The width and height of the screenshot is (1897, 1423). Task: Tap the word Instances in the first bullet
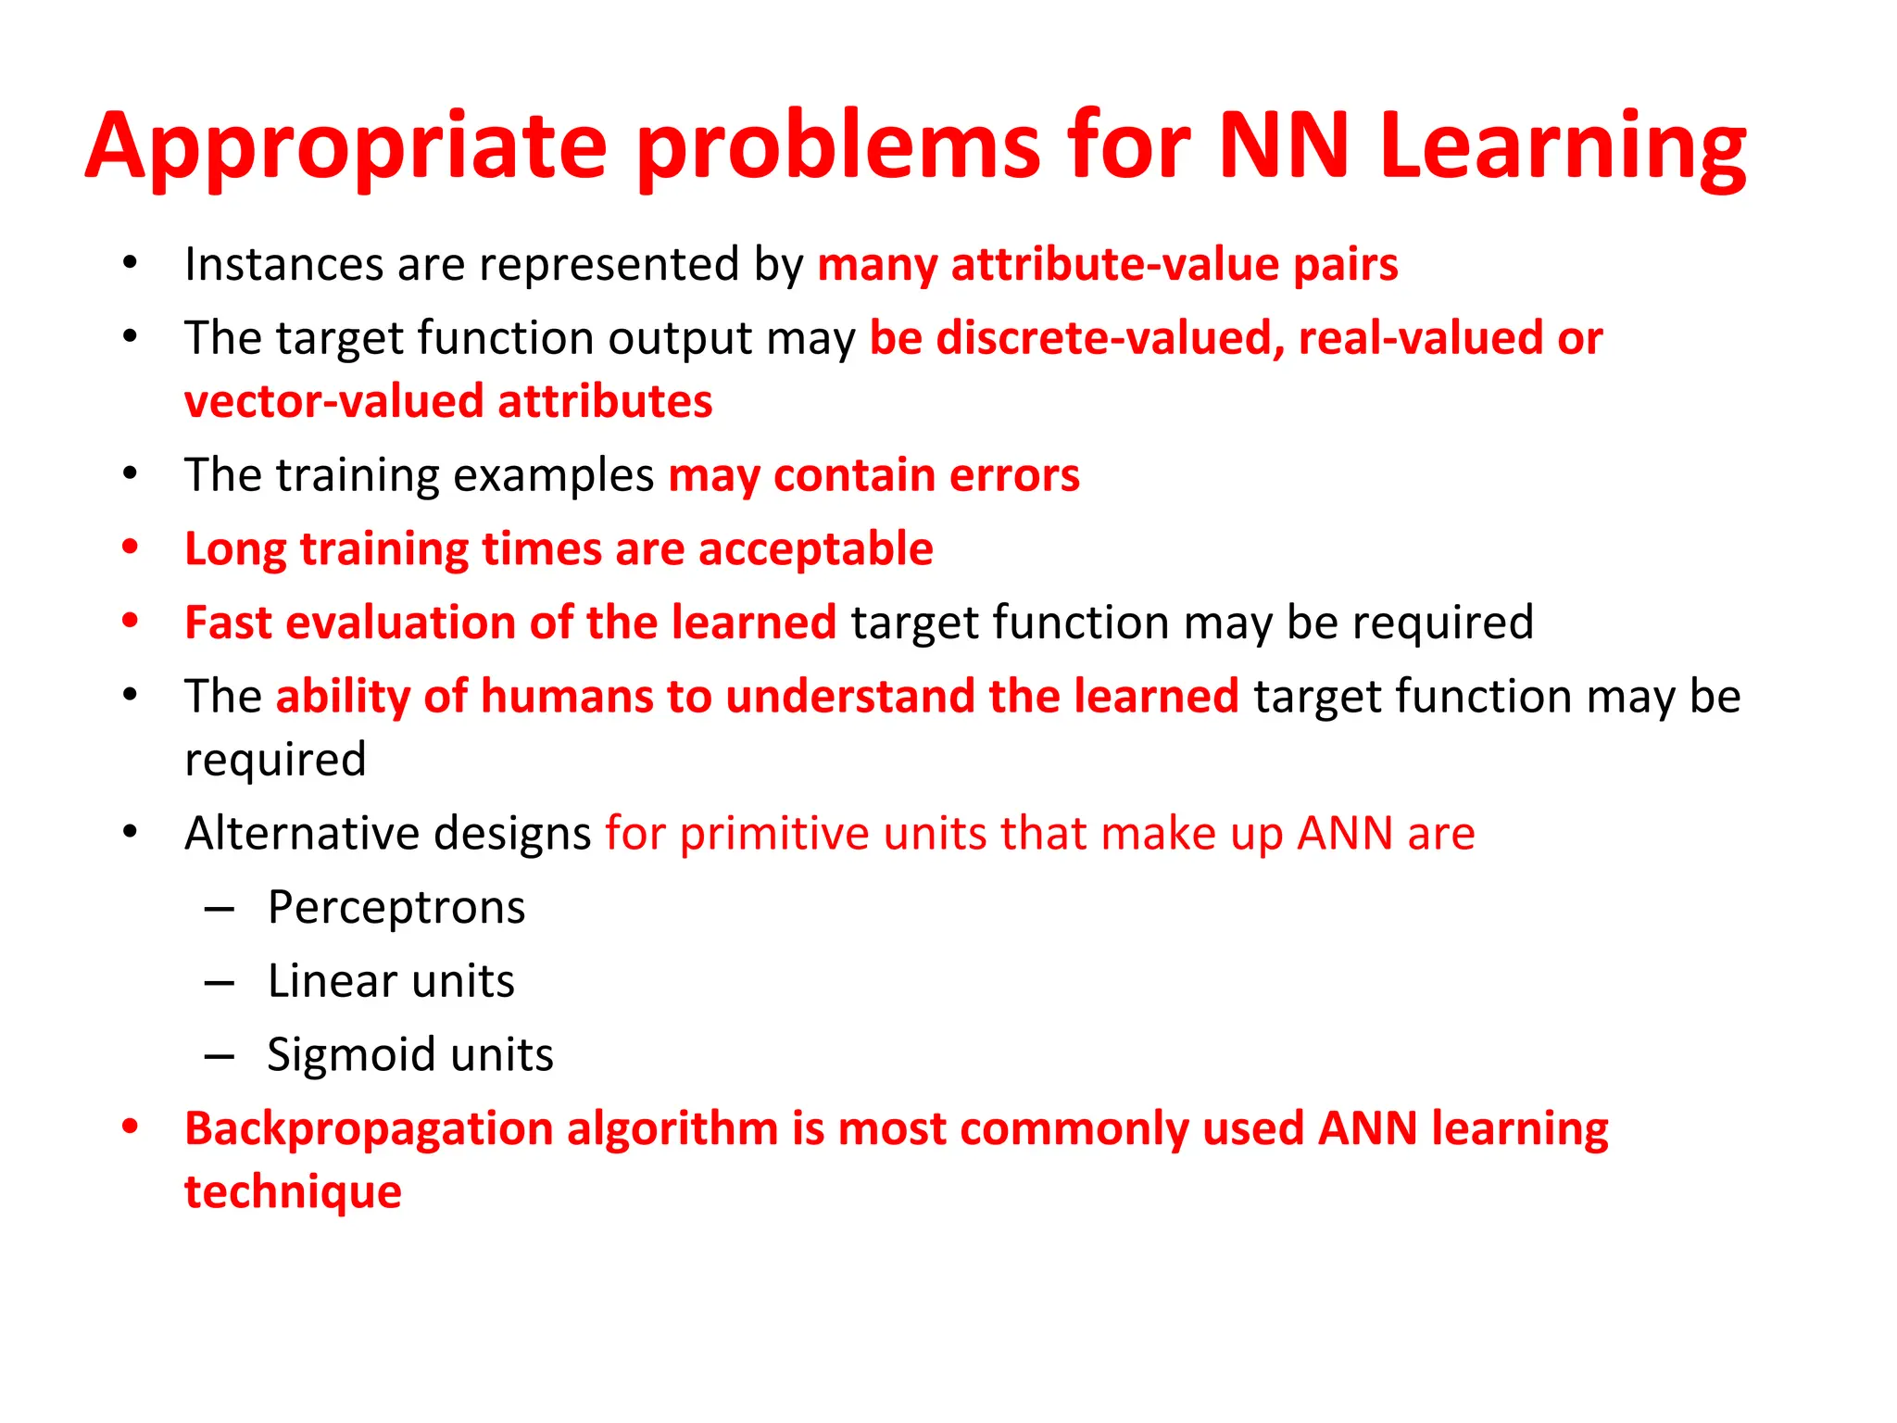click(283, 264)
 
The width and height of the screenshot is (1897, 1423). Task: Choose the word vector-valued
click(334, 401)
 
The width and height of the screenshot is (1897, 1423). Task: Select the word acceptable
click(815, 548)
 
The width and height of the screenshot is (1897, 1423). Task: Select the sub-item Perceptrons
click(396, 907)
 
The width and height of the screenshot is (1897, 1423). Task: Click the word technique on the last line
click(293, 1191)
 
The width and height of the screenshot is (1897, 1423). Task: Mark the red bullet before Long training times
click(131, 548)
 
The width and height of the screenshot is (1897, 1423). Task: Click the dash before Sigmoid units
click(220, 1055)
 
